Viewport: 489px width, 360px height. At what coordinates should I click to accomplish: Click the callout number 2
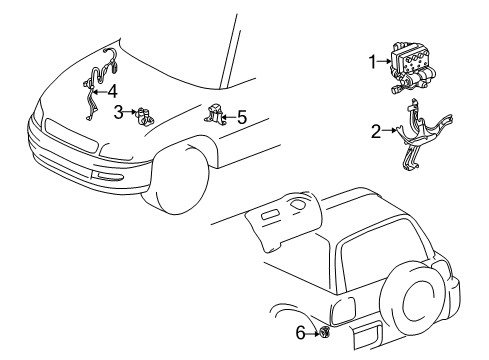click(x=376, y=129)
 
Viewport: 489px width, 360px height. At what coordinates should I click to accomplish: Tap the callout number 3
click(x=118, y=111)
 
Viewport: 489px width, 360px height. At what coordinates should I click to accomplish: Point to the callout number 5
click(x=240, y=118)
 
